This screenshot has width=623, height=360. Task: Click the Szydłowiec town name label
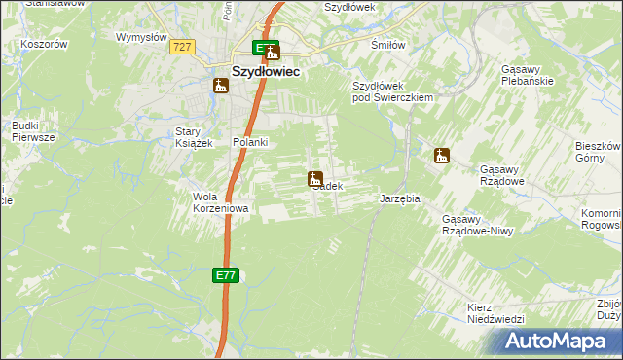pyautogui.click(x=265, y=71)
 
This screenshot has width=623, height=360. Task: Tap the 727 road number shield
pyautogui.click(x=182, y=47)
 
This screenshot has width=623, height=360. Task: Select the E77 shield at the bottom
pyautogui.click(x=225, y=276)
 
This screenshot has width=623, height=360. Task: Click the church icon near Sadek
pyautogui.click(x=315, y=178)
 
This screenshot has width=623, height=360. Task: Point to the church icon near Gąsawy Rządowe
pyautogui.click(x=441, y=155)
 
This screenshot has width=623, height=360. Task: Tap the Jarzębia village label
pyautogui.click(x=399, y=198)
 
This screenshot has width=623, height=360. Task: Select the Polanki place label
pyautogui.click(x=250, y=142)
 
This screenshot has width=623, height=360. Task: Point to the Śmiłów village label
pyautogui.click(x=387, y=44)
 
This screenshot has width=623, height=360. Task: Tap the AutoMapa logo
pyautogui.click(x=556, y=342)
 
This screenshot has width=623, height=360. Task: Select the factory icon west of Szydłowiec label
pyautogui.click(x=221, y=86)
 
